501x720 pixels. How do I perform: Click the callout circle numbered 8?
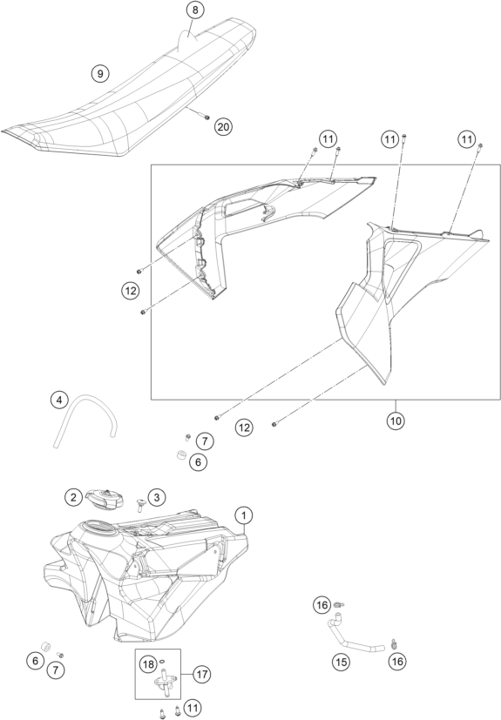click(x=195, y=10)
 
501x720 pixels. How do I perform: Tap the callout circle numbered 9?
click(x=100, y=73)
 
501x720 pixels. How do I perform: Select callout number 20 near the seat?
click(x=223, y=126)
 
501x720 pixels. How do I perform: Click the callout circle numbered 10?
click(x=396, y=421)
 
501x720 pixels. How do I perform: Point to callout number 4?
click(x=59, y=400)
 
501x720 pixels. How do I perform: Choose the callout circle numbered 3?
click(x=157, y=497)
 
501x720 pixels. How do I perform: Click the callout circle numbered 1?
click(x=244, y=515)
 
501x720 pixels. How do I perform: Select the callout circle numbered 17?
click(x=202, y=675)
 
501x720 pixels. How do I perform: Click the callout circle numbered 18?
click(x=148, y=664)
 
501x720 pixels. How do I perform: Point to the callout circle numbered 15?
click(x=341, y=662)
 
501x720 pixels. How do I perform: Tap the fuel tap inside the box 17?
click(x=164, y=679)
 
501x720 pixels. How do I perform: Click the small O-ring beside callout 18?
click(x=163, y=662)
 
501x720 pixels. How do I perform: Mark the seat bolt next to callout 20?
click(x=206, y=117)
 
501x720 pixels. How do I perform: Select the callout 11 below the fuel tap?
click(x=193, y=708)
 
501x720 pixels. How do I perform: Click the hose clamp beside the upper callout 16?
click(x=338, y=605)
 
